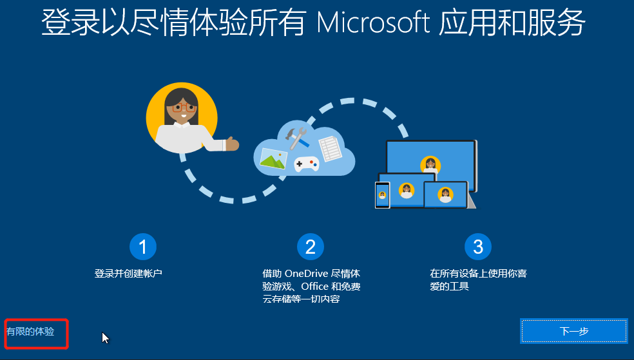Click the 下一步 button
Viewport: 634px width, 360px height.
tap(573, 331)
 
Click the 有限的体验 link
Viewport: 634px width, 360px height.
tap(30, 332)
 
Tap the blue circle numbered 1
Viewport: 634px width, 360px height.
tap(142, 246)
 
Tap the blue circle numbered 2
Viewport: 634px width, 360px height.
tap(310, 246)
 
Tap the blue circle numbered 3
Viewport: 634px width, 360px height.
tap(477, 246)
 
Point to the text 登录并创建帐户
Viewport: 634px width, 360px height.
tap(128, 274)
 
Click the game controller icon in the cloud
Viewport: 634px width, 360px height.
tap(306, 164)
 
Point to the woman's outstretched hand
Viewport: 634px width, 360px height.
tap(232, 143)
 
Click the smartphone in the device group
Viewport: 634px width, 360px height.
tap(382, 194)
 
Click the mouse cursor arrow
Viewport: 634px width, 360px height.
tap(105, 337)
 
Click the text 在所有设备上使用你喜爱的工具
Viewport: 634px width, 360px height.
tap(478, 279)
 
